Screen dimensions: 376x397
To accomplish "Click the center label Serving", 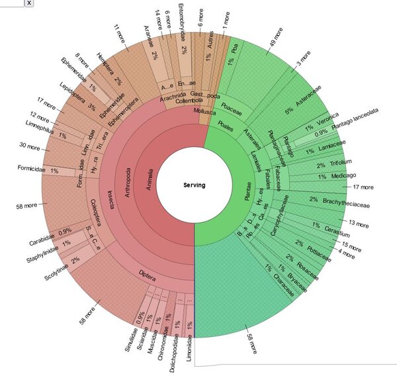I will click(x=195, y=185).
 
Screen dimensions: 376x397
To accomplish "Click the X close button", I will click(x=29, y=3).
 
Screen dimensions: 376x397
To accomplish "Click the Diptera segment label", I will click(x=148, y=272).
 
